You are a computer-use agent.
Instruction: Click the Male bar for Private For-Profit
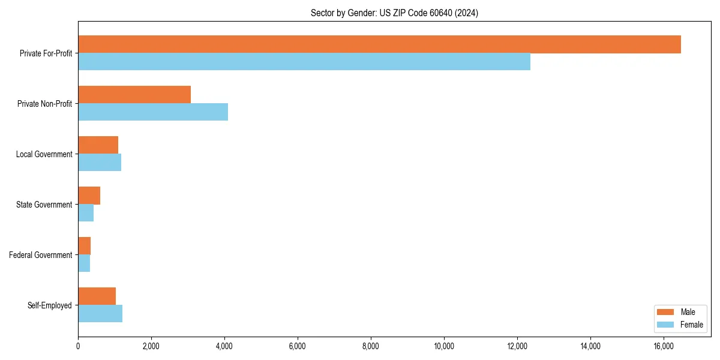pos(379,44)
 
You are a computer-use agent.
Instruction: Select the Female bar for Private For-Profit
pos(304,62)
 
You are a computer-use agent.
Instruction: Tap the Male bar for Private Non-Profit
pos(134,95)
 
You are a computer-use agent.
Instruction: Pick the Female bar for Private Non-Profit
pos(153,112)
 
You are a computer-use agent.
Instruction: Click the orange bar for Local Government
pos(98,145)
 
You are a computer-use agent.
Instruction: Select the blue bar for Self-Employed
pos(100,314)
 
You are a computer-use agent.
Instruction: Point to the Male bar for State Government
pos(89,196)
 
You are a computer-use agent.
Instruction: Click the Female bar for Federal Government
pos(84,263)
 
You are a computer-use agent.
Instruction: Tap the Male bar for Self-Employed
pos(97,296)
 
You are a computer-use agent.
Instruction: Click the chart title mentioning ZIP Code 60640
pos(394,13)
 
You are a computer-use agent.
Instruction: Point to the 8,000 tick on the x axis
pos(371,346)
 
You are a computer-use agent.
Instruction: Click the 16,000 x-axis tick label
pos(664,346)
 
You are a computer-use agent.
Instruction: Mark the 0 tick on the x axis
pos(78,346)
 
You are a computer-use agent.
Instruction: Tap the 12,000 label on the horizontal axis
pos(517,346)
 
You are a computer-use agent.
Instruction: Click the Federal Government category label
pos(41,255)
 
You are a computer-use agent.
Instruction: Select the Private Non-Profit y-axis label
pos(44,104)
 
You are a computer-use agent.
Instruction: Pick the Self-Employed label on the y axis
pos(50,305)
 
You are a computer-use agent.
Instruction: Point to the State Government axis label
pos(44,205)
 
